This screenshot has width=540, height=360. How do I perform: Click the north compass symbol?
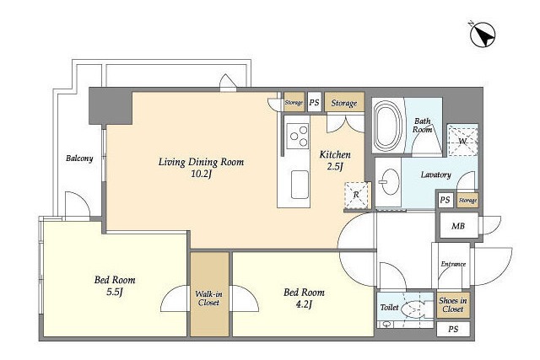tap(483, 35)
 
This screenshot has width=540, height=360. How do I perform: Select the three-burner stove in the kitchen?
tap(298, 136)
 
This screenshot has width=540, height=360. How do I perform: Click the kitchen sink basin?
tap(300, 185)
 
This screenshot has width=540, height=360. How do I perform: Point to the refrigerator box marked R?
tap(357, 195)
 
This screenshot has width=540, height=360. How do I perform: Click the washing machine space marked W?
tap(462, 140)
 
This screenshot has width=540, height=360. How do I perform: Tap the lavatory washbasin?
tap(390, 182)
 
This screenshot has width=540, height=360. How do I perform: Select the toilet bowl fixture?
tap(414, 307)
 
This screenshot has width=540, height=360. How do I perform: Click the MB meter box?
tap(459, 226)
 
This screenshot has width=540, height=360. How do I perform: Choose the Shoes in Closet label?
tap(453, 305)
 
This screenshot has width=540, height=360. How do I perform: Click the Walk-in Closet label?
tap(208, 298)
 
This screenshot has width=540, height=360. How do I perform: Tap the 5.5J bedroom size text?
tap(115, 293)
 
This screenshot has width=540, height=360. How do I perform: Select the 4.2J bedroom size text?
tap(304, 304)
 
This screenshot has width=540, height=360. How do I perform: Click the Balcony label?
tap(79, 159)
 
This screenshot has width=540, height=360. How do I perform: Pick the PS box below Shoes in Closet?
tap(453, 330)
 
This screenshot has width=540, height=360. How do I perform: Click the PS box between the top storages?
tap(314, 102)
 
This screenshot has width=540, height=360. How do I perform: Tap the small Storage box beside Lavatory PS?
tap(467, 201)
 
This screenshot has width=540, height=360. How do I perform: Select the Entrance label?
tap(453, 264)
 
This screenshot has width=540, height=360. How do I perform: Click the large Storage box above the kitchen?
tap(344, 102)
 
